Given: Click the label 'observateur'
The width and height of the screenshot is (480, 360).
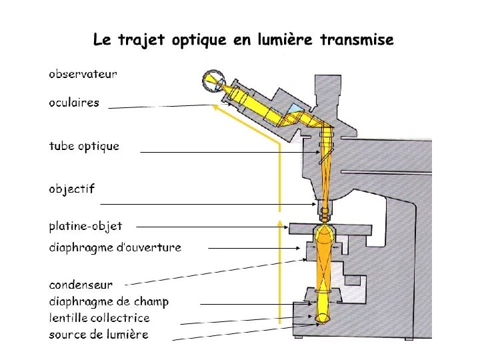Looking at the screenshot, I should pos(83,74).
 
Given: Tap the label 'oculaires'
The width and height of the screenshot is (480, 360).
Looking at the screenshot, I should pos(73,103).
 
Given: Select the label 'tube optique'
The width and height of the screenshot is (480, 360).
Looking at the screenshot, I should pos(84,146).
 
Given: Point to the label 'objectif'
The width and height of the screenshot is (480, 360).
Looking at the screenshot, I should pos(71,189).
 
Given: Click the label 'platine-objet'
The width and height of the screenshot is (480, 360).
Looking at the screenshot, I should pos(85,226).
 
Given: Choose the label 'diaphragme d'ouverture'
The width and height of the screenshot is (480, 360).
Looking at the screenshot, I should pos(115,247).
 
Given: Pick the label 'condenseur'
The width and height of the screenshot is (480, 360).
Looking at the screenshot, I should pos(81,285).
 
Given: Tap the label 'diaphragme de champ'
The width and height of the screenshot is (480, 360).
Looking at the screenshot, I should pos(109,301).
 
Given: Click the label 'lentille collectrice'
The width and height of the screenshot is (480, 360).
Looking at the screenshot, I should pos(99,318).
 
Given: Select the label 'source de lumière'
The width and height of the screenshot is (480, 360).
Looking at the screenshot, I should pos(99,334).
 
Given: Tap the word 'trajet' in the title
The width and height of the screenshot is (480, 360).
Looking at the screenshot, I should pos(142,41).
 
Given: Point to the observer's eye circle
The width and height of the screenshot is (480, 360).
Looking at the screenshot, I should pos(215,81).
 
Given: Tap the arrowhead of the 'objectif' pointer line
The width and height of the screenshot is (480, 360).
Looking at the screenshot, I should pos(318,203).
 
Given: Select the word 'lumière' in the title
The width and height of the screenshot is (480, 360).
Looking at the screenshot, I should pos(283,40).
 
